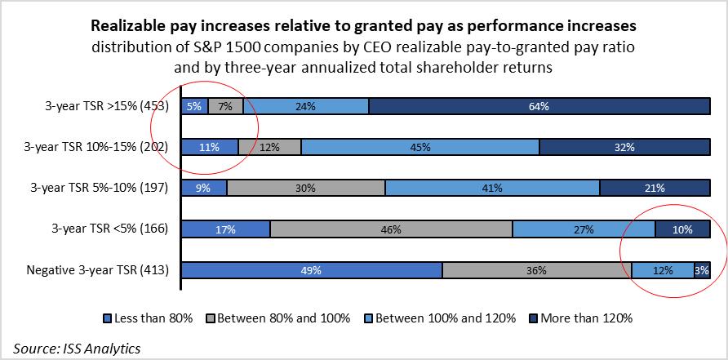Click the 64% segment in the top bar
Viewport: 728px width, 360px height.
point(539,105)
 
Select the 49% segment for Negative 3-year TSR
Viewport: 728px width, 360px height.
point(311,270)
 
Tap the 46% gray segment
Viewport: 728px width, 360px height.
point(391,229)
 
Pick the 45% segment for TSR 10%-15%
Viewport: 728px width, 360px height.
point(420,147)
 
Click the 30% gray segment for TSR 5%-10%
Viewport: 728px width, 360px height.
point(306,188)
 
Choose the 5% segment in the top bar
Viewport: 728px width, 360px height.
point(194,105)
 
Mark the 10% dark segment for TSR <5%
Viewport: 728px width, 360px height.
point(682,229)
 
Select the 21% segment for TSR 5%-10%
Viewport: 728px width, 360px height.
point(655,188)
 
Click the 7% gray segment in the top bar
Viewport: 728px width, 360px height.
point(225,105)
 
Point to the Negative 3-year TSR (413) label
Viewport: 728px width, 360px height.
point(97,270)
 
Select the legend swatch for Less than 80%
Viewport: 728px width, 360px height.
point(107,318)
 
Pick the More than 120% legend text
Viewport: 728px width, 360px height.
point(586,318)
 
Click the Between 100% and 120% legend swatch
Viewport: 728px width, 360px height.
point(368,318)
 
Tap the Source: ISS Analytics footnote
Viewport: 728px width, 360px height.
point(77,347)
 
